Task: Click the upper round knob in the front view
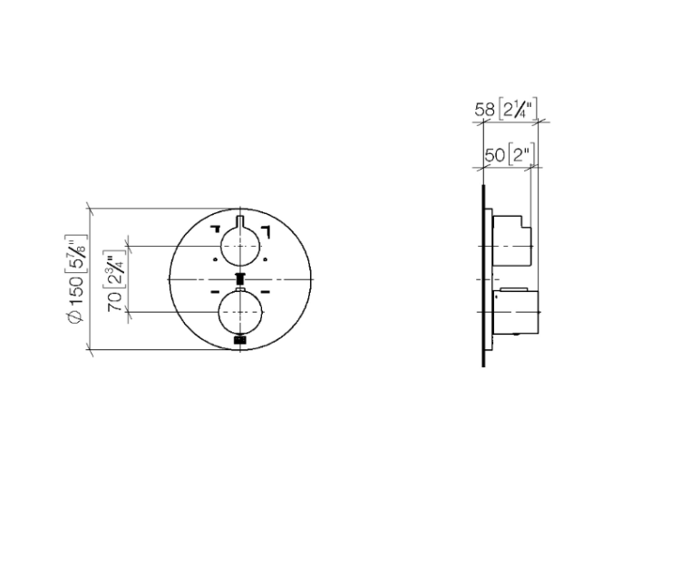(240, 247)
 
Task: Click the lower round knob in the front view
(240, 311)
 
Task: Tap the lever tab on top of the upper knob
(240, 222)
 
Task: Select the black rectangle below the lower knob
(240, 340)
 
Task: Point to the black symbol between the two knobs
(240, 278)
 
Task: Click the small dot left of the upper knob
(215, 259)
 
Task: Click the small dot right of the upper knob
(266, 259)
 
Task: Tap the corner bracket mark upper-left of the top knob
(216, 229)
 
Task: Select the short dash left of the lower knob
(216, 292)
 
